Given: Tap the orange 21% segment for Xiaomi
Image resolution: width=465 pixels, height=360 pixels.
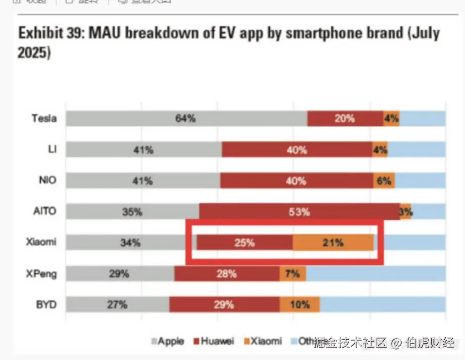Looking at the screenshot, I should (x=333, y=243).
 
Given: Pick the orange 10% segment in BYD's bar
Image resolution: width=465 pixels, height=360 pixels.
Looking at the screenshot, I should (x=300, y=305).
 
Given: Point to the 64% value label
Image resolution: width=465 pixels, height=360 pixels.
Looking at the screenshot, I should (x=185, y=118).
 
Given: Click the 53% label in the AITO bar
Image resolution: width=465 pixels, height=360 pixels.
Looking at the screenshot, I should (x=299, y=212).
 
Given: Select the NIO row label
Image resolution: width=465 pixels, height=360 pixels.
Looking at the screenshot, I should (x=47, y=180).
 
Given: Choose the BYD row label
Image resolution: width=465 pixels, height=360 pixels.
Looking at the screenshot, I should (x=46, y=305).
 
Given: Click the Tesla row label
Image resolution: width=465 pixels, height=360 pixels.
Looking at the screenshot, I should (x=44, y=118).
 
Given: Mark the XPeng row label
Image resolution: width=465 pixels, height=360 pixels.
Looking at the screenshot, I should (x=41, y=273).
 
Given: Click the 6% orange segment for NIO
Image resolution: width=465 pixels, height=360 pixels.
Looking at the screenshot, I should (x=384, y=181).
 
